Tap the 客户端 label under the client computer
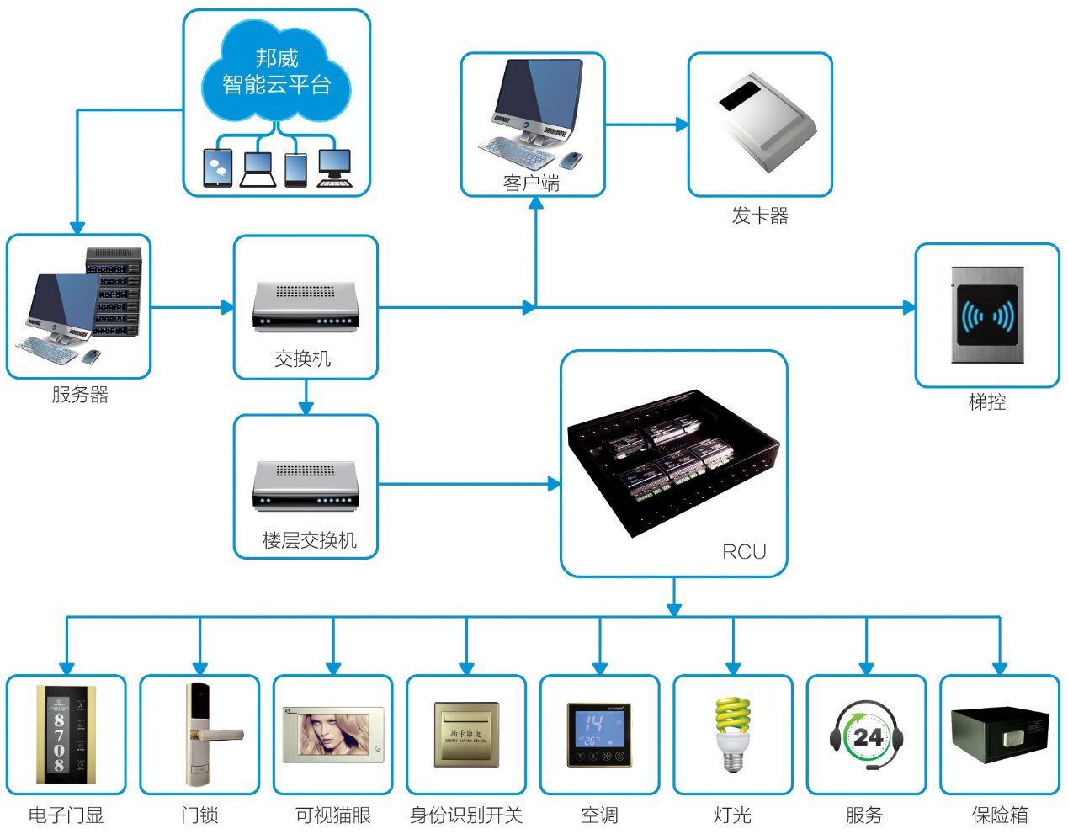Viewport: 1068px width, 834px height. pos(531,183)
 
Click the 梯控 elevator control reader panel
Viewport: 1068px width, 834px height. pos(987,315)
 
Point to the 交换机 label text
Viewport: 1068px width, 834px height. pos(302,359)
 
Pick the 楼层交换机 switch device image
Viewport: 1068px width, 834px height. pos(306,486)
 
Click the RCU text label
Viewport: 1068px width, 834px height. pos(744,552)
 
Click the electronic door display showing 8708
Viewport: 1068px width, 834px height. pos(59,734)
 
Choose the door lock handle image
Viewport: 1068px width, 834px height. pos(202,732)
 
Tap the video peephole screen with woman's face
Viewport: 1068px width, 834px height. pos(333,734)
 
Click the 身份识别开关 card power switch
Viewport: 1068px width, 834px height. pos(466,735)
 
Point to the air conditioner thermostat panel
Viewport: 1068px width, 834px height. pos(599,734)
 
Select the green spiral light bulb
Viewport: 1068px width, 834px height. pos(732,732)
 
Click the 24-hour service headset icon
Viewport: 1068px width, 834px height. pos(866,735)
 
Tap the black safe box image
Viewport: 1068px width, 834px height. pos(999,734)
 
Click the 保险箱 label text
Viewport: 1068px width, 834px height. pos(999,815)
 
